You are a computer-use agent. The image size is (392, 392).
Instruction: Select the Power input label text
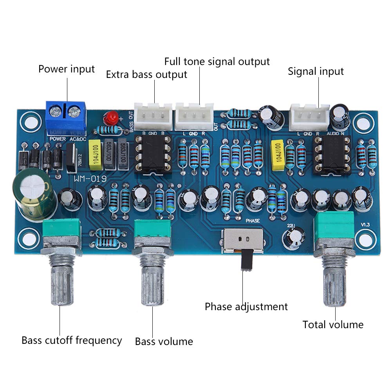(66, 69)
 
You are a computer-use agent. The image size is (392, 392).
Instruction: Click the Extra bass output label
(146, 74)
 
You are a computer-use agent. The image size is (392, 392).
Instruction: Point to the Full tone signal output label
(217, 61)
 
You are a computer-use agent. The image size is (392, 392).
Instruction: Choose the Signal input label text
(316, 71)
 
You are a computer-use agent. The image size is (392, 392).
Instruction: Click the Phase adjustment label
(246, 306)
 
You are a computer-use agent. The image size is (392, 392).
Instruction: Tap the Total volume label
(333, 325)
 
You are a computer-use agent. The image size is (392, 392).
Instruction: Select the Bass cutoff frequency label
(72, 340)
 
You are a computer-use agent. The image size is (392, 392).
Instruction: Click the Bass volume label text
(164, 341)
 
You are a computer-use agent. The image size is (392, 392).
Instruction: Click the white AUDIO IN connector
(309, 117)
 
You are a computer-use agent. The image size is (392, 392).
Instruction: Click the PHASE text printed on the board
(253, 221)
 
